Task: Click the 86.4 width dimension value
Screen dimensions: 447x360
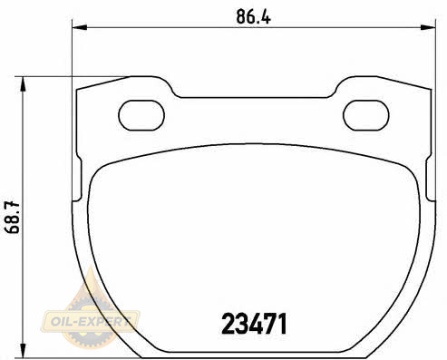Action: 253,16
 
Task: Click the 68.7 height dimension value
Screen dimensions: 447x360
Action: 12,218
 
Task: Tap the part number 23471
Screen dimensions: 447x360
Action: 254,324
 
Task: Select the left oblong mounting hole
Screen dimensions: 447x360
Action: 141,115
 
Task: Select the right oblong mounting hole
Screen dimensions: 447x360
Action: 366,115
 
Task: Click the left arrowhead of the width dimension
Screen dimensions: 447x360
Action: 80,28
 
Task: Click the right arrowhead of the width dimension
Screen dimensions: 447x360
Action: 428,28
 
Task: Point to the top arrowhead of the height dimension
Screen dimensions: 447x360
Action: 23,84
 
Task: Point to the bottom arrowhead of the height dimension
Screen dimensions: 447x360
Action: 23,350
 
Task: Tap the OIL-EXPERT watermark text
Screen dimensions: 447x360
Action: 90,321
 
